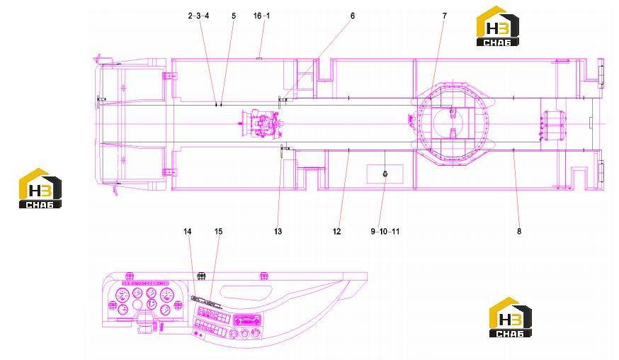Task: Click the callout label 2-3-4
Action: pos(198,16)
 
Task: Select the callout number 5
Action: pos(234,16)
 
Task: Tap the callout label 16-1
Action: pos(262,16)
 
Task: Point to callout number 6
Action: pos(353,16)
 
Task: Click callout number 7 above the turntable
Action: pos(445,16)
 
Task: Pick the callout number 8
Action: pos(519,231)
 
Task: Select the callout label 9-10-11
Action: pos(385,231)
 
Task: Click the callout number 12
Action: pos(336,231)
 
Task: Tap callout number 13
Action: pos(278,231)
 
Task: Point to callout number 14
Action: pos(188,231)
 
